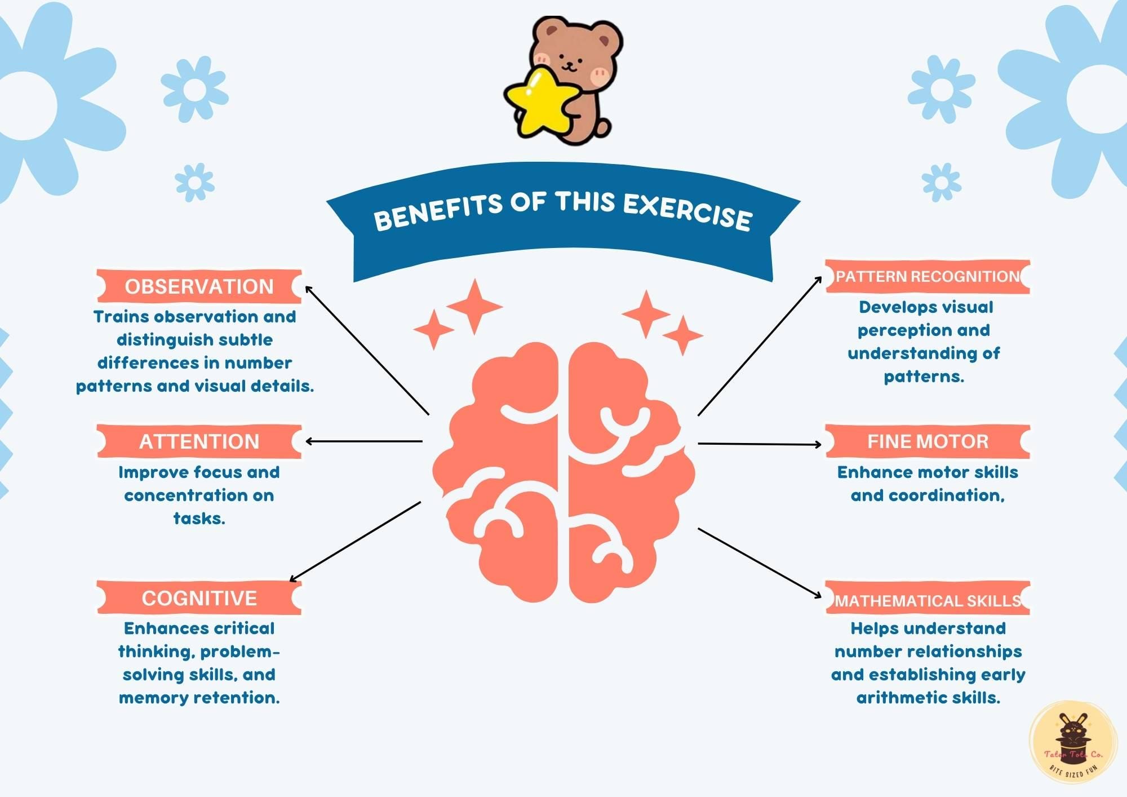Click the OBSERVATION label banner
(199, 286)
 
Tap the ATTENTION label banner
(199, 441)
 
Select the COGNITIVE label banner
(199, 598)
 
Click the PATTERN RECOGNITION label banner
(928, 277)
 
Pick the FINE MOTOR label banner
(928, 441)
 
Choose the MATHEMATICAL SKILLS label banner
(928, 600)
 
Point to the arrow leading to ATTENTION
(363, 441)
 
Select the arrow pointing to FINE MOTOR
(759, 444)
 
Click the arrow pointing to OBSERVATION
(366, 349)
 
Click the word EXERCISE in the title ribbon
(687, 212)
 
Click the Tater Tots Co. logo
(1073, 743)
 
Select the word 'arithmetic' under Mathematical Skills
(901, 698)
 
